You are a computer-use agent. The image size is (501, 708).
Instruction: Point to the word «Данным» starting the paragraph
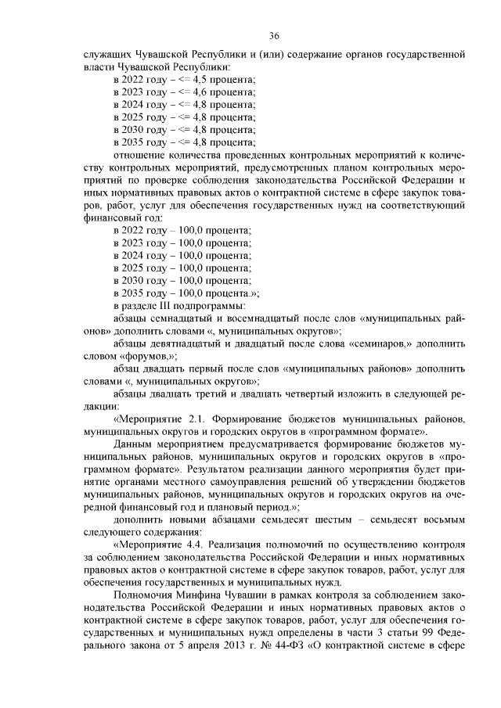pyautogui.click(x=134, y=442)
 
